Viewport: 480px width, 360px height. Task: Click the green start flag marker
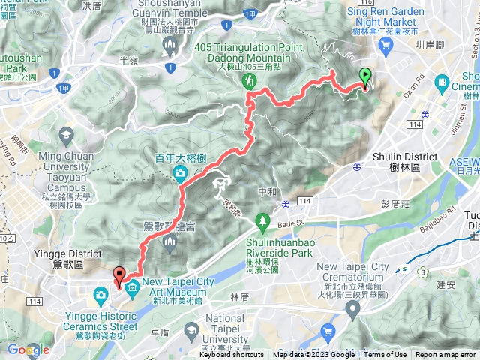(365, 76)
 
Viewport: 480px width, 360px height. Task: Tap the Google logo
(28, 350)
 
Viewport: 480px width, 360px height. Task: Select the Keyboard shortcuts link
(232, 355)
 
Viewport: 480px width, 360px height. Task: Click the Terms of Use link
(385, 355)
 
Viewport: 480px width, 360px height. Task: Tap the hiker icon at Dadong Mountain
(248, 79)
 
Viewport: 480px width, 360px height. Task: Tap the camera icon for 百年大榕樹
(180, 154)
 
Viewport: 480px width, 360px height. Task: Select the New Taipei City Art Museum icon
(133, 287)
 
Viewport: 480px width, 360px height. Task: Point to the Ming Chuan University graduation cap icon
(67, 136)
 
